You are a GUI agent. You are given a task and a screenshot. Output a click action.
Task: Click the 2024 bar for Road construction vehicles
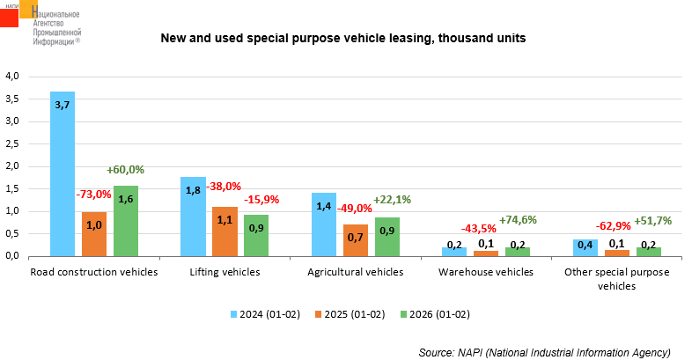[x=63, y=173]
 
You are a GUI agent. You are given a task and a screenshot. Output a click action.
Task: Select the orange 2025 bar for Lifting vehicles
[x=225, y=231]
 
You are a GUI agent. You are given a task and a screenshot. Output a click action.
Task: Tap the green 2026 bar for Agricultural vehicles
[x=386, y=237]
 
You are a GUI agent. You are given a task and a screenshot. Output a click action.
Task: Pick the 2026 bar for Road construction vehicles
[x=126, y=221]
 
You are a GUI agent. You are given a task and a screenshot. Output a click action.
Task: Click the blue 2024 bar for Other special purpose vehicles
[x=585, y=247]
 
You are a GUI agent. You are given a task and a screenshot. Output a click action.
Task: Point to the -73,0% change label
[x=93, y=194]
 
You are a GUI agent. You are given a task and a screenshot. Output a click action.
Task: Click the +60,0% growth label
[x=125, y=170]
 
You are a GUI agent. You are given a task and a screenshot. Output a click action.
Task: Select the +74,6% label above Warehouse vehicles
[x=518, y=220]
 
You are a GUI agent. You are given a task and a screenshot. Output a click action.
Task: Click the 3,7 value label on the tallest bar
[x=63, y=105]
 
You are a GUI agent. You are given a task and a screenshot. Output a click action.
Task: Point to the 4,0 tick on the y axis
[x=12, y=76]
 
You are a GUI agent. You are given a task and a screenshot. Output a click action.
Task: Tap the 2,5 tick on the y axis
[x=12, y=143]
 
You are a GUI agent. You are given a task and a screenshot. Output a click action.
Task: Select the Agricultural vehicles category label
[x=355, y=272]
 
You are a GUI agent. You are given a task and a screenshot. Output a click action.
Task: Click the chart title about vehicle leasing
[x=342, y=39]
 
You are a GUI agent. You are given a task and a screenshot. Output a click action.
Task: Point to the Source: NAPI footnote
[x=544, y=352]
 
